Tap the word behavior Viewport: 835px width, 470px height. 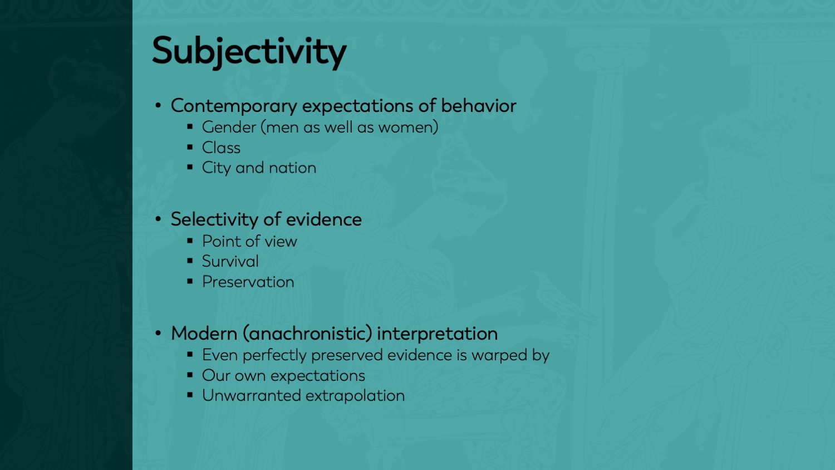coord(479,106)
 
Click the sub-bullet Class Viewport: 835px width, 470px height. coord(221,148)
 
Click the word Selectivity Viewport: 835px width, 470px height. coord(214,220)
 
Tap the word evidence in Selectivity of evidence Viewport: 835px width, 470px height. coord(323,219)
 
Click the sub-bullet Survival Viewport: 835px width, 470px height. coord(230,261)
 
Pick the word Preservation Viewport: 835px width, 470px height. coord(248,282)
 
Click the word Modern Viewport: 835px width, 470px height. coord(204,333)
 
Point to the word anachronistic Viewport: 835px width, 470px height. coord(307,334)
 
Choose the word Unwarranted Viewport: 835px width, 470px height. coord(251,395)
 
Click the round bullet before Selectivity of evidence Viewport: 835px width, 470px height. coord(158,219)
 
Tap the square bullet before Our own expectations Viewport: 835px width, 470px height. coord(190,374)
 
